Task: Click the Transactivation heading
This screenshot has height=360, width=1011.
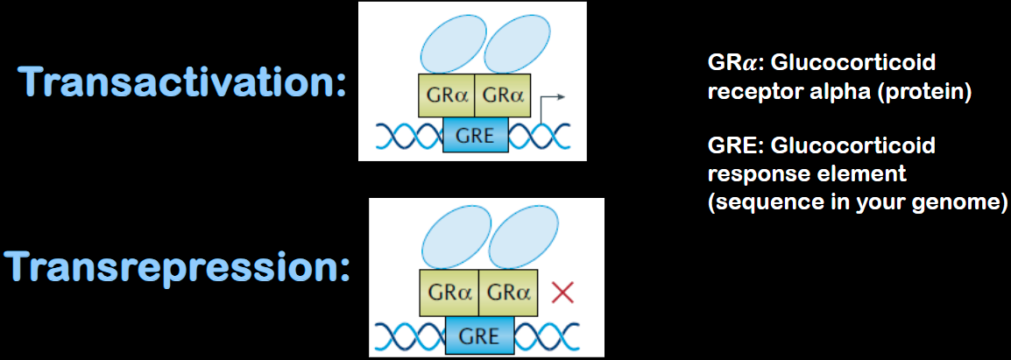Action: coord(182,83)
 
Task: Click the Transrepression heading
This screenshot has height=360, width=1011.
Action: coord(176,267)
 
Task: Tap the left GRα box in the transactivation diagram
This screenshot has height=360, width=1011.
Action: coord(446,95)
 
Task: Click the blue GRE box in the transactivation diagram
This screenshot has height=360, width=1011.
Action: coord(475,136)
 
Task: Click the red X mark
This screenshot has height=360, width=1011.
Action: coord(562,292)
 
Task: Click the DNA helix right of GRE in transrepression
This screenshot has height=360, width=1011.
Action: coord(548,335)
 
